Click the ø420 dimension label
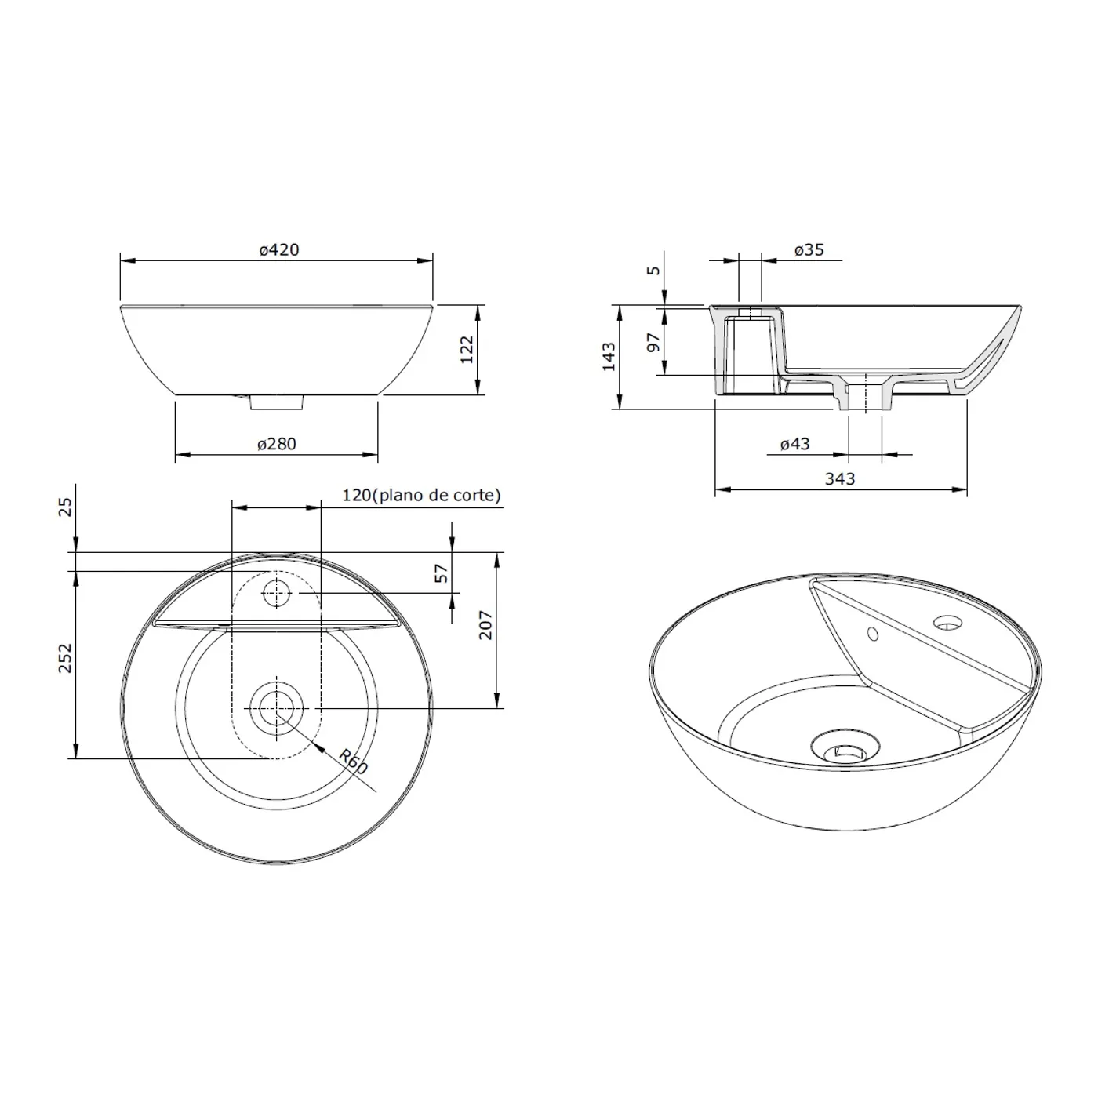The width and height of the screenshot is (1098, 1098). coord(278,249)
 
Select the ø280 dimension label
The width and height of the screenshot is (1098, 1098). coord(276,444)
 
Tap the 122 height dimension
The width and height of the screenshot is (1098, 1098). coord(467,349)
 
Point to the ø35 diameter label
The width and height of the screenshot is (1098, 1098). coord(809,249)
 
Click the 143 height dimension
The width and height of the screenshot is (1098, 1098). coord(609,357)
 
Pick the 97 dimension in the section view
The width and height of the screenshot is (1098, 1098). coord(653,342)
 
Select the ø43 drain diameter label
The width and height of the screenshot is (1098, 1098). coord(794,444)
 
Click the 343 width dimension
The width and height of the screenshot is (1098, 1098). coord(840,478)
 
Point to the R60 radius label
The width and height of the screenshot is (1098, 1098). coord(353,762)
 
